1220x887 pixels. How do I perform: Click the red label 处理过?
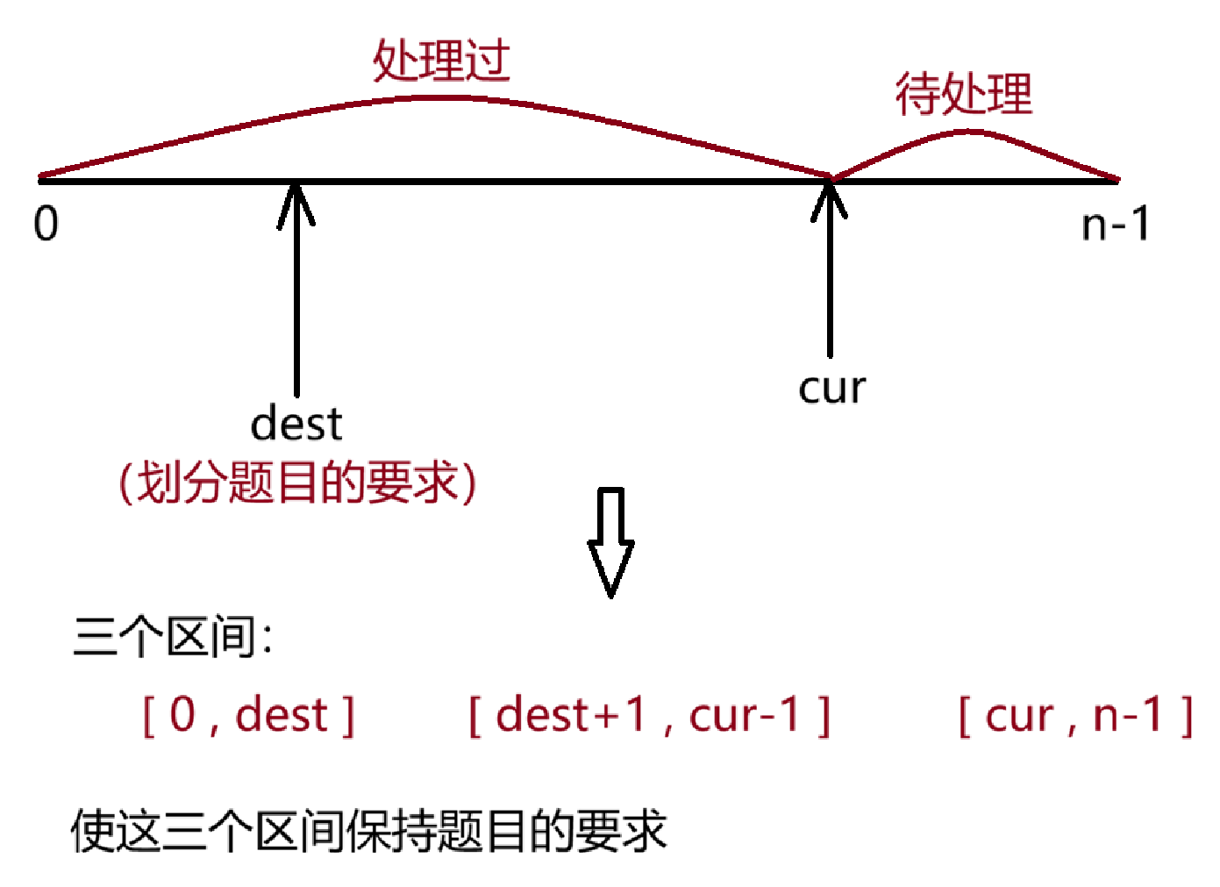(x=441, y=61)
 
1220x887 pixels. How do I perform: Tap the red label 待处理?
(x=963, y=94)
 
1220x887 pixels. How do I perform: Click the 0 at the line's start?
(x=46, y=224)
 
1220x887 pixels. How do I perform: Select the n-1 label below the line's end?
(x=1115, y=225)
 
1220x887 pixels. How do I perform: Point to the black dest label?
(x=296, y=424)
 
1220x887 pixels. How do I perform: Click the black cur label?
(x=831, y=387)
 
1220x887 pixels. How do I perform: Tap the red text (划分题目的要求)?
(x=298, y=483)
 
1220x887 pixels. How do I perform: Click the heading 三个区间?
(x=173, y=636)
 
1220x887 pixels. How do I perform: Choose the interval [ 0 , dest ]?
(x=249, y=715)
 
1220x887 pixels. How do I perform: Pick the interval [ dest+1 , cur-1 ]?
(x=649, y=715)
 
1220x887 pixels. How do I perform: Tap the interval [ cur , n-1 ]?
(x=1075, y=715)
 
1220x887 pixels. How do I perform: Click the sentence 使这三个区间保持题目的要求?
(x=368, y=831)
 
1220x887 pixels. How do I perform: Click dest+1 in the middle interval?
(x=571, y=714)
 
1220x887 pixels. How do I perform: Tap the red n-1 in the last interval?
(x=1128, y=714)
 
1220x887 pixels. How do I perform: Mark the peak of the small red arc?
(x=970, y=132)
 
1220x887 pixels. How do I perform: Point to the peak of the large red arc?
(x=443, y=97)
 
